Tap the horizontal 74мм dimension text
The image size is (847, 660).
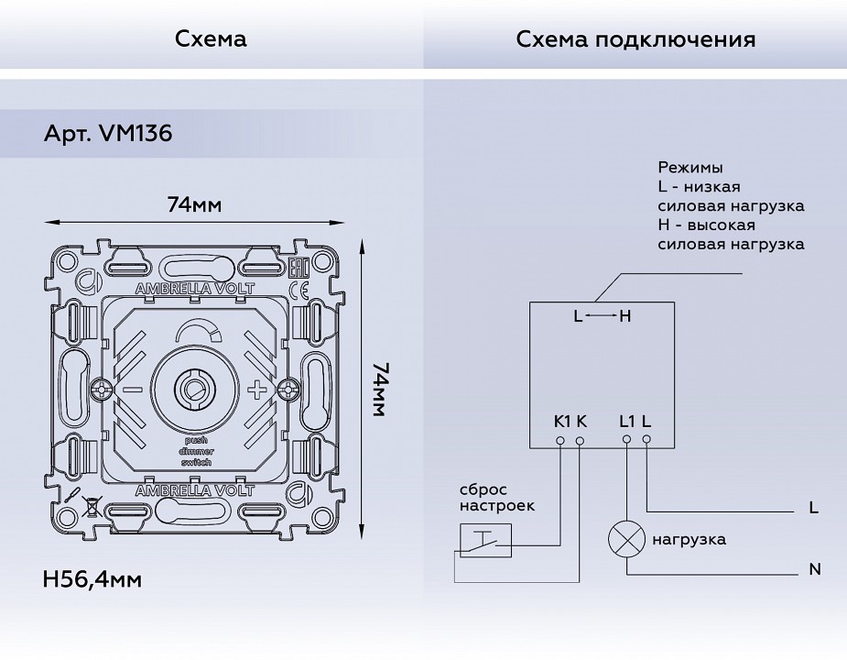[194, 204]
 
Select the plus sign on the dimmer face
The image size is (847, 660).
[259, 390]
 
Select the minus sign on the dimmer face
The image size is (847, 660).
[133, 390]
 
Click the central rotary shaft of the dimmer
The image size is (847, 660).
[194, 389]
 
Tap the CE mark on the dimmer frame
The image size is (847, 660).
[299, 290]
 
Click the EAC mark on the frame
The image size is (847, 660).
[298, 269]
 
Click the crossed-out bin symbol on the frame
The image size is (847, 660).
[92, 502]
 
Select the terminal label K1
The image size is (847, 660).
[562, 422]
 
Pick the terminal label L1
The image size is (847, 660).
[627, 422]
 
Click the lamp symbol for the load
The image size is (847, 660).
[626, 539]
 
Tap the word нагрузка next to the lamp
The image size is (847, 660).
[690, 539]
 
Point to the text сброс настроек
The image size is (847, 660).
[496, 498]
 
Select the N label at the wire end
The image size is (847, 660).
[815, 570]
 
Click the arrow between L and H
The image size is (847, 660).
[601, 317]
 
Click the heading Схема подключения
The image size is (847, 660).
[635, 39]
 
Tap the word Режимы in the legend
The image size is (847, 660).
[690, 168]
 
